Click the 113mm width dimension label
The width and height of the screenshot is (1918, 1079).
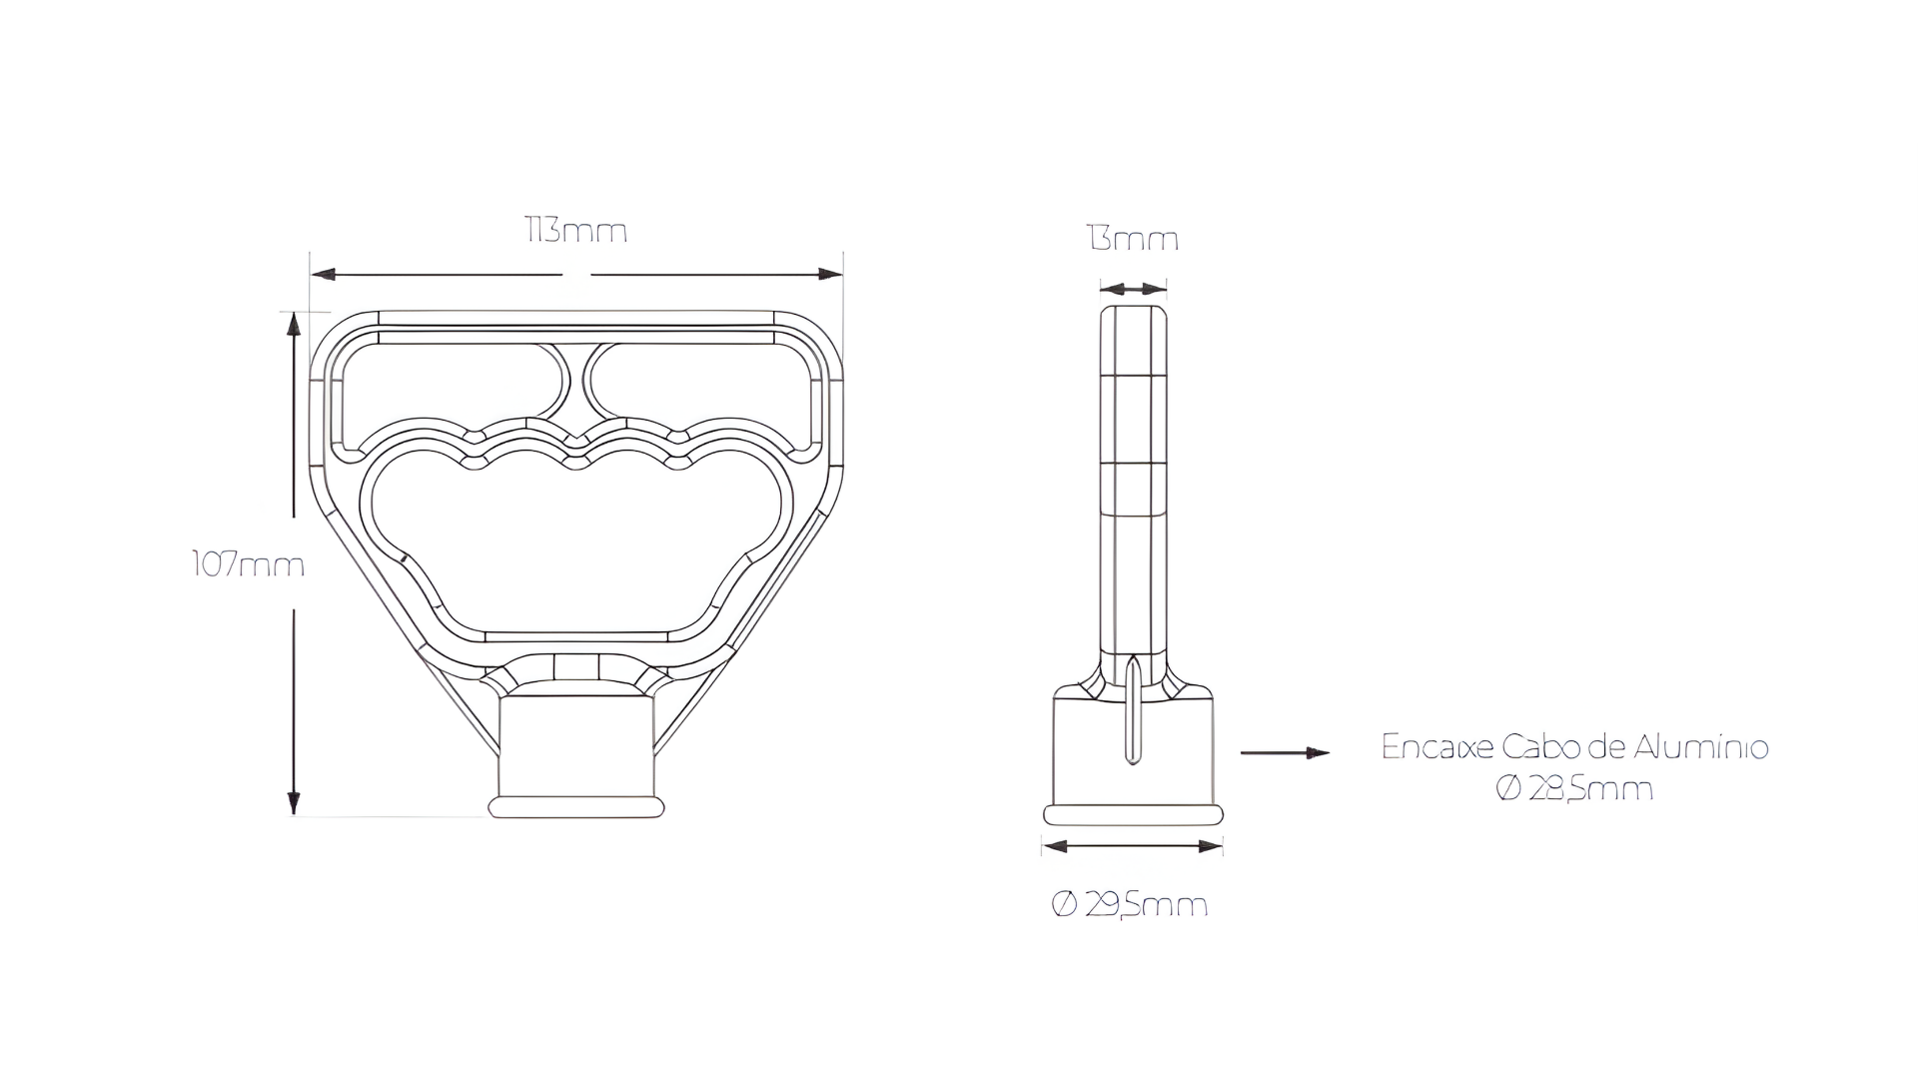(576, 232)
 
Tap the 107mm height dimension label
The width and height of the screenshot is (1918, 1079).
(248, 565)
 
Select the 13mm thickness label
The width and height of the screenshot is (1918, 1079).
(1133, 240)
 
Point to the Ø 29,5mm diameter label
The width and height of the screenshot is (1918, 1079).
(1130, 905)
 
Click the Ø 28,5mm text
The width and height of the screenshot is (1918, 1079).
(1574, 789)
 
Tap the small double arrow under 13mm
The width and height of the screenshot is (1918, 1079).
(1133, 289)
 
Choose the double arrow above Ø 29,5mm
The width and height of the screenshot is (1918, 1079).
(1132, 846)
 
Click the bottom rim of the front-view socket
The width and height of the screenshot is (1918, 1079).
(576, 807)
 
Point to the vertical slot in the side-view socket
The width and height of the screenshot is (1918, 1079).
(1132, 711)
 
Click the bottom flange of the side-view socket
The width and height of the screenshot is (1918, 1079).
(1133, 814)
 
